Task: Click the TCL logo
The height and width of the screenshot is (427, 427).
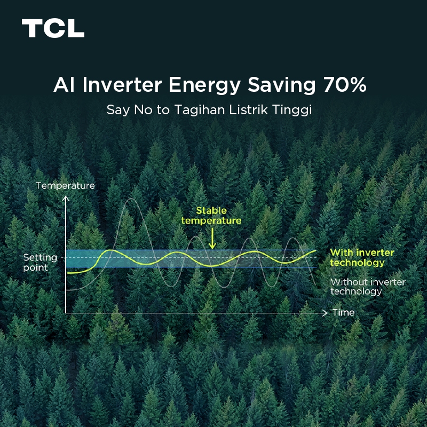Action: pyautogui.click(x=53, y=28)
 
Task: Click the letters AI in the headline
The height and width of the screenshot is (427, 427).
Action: pyautogui.click(x=62, y=85)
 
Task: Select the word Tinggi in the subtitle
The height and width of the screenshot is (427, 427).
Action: pyautogui.click(x=292, y=110)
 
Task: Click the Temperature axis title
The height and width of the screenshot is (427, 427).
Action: pyautogui.click(x=65, y=186)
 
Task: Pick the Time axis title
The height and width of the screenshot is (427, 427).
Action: pyautogui.click(x=343, y=312)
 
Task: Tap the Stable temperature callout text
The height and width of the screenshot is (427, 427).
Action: pyautogui.click(x=211, y=216)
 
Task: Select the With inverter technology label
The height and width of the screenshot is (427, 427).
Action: pyautogui.click(x=362, y=257)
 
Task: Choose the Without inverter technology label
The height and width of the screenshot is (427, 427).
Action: pyautogui.click(x=368, y=287)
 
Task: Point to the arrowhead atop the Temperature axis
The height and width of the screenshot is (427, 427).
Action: pyautogui.click(x=66, y=198)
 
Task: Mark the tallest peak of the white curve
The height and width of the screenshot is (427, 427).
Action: pyautogui.click(x=128, y=199)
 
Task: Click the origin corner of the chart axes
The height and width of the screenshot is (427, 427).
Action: pyautogui.click(x=66, y=313)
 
